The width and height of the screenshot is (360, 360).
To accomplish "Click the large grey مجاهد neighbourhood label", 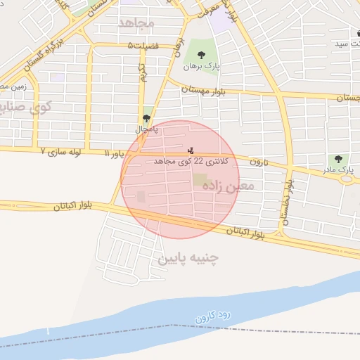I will click(x=135, y=23).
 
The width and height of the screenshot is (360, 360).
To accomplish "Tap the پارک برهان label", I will click(x=202, y=67).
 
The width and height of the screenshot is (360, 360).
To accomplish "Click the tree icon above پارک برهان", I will click(x=202, y=54).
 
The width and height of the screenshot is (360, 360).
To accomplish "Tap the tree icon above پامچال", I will click(x=146, y=118).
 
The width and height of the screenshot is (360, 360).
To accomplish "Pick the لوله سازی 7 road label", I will click(x=64, y=151).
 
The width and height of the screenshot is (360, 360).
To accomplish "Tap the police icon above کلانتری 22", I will click(x=190, y=150).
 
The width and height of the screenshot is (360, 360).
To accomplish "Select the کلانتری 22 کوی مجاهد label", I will click(x=184, y=161).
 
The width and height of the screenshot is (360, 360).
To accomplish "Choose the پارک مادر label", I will click(x=343, y=170).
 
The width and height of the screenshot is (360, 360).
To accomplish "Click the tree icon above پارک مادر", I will click(x=340, y=159).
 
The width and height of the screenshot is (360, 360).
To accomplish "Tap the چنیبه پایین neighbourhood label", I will click(x=188, y=258).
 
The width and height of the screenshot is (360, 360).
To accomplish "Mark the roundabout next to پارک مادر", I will click(x=346, y=179).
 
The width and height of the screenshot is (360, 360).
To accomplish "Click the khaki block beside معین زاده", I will click(x=200, y=180).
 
